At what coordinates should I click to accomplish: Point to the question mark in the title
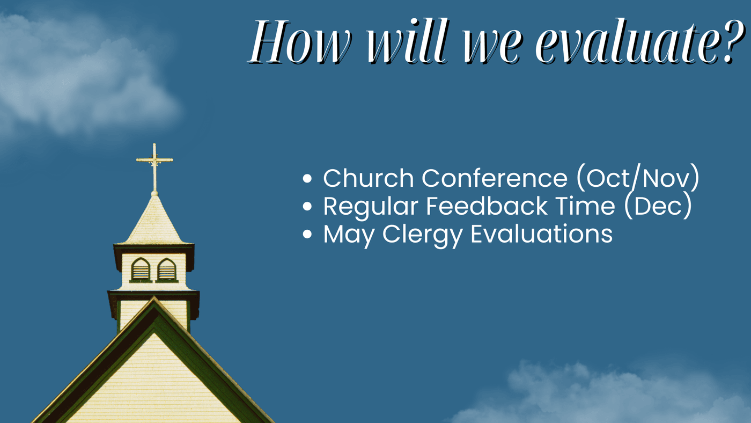pyautogui.click(x=734, y=41)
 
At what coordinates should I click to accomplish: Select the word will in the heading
pyautogui.click(x=408, y=41)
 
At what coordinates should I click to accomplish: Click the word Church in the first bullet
pyautogui.click(x=369, y=178)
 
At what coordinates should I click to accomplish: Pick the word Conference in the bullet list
pyautogui.click(x=495, y=178)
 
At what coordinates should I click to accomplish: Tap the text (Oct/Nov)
pyautogui.click(x=638, y=178)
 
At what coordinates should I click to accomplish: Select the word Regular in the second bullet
pyautogui.click(x=371, y=207)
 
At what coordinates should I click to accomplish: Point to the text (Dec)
pyautogui.click(x=658, y=206)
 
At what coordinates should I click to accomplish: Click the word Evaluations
pyautogui.click(x=541, y=234)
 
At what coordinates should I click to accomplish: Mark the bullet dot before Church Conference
pyautogui.click(x=307, y=178)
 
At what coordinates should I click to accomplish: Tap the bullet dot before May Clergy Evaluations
pyautogui.click(x=307, y=234)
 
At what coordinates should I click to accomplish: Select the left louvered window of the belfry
pyautogui.click(x=141, y=269)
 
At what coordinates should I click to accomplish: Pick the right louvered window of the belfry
pyautogui.click(x=167, y=269)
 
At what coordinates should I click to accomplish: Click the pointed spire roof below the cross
pyautogui.click(x=154, y=221)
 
